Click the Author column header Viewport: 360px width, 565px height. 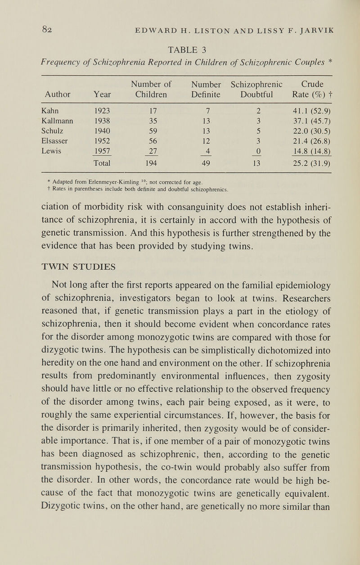[57, 95]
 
